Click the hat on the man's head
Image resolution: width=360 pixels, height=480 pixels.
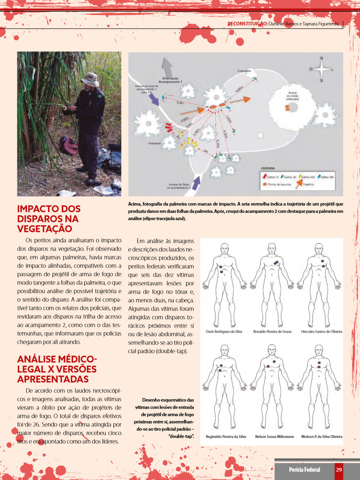[x=89, y=79]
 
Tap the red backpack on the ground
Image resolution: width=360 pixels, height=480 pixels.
[x=67, y=145]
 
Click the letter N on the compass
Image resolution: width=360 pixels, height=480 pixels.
[x=322, y=58]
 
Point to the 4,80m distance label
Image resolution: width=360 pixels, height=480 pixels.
[x=239, y=90]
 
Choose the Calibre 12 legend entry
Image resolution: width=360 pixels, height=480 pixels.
[x=272, y=177]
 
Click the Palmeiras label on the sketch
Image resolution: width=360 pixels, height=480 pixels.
[x=155, y=143]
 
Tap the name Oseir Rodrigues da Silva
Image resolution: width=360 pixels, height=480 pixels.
[x=224, y=332]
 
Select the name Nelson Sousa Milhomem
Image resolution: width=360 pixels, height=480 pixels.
[x=274, y=436]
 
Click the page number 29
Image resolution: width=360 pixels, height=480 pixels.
[x=339, y=470]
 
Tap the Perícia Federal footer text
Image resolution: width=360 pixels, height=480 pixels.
[x=304, y=470]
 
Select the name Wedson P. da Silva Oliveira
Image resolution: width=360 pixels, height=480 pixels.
[x=322, y=436]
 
